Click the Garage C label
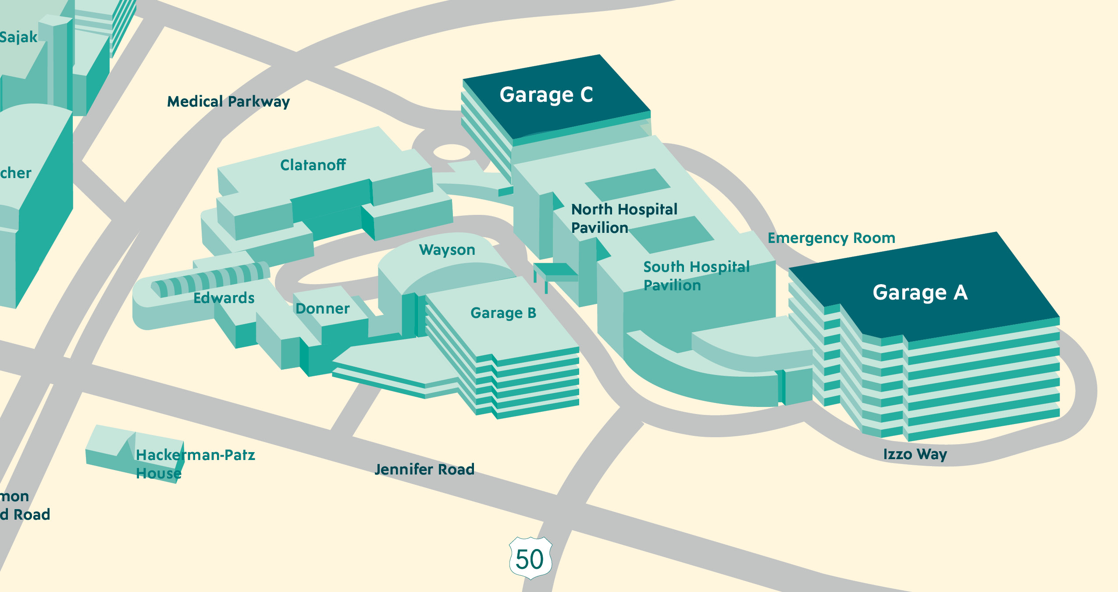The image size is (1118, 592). coord(546,95)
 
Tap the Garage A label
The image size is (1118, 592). coord(920,292)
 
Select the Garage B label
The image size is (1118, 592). coord(503,313)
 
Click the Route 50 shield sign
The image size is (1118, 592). coord(530,558)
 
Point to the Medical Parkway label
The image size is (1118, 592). coord(228,102)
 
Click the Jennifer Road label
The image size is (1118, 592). coord(424,469)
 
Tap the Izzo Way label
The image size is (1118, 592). coord(915,454)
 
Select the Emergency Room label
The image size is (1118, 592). coord(831,238)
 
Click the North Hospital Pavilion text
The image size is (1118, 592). coord(624,218)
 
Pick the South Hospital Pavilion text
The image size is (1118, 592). coord(696,276)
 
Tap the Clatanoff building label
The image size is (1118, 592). coord(313,165)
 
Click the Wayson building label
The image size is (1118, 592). coord(447,250)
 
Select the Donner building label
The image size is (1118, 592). coord(322,308)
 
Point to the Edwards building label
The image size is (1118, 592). coord(224,298)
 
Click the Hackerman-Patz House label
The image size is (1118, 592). coord(195,464)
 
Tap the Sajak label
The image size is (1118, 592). coord(18,37)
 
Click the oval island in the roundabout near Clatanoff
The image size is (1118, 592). coord(452,152)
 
